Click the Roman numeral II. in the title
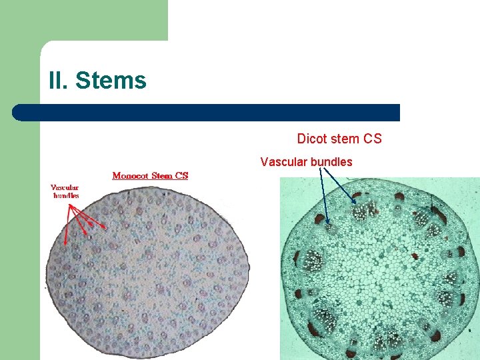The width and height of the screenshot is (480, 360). [x=58, y=81]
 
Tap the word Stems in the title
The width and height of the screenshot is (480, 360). [x=111, y=81]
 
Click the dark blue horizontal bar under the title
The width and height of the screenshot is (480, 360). [x=207, y=113]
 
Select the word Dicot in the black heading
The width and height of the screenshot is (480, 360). [x=312, y=139]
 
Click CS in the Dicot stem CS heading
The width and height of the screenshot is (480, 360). [x=373, y=139]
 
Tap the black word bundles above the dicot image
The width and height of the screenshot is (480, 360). [x=330, y=162]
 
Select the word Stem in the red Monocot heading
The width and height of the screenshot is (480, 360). [x=162, y=176]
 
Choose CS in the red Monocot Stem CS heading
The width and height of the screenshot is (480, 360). [x=181, y=176]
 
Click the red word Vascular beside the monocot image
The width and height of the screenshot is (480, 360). [x=65, y=187]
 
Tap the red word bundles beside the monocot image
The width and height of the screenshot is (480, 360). [x=66, y=195]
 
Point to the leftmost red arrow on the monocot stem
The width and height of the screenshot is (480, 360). [x=66, y=223]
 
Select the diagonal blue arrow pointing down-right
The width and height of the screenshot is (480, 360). [x=339, y=185]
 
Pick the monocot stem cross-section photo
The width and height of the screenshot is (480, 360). [x=147, y=267]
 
